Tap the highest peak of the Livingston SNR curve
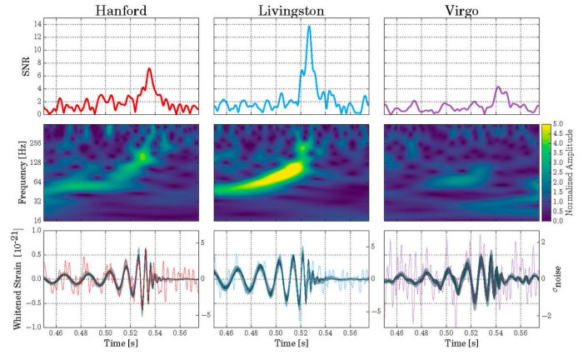pos(309,27)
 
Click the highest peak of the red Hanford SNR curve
pos(149,69)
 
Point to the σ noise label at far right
pos(573,279)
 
